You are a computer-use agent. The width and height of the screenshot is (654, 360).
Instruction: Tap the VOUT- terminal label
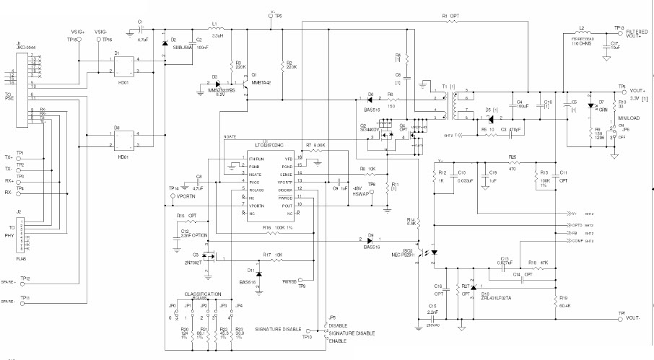pos(637,317)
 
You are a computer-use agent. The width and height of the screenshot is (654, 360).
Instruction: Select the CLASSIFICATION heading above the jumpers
pos(203,295)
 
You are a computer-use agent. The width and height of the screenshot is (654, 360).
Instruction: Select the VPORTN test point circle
pos(172,196)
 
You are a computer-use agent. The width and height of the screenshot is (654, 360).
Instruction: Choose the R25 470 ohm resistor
pos(513,163)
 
